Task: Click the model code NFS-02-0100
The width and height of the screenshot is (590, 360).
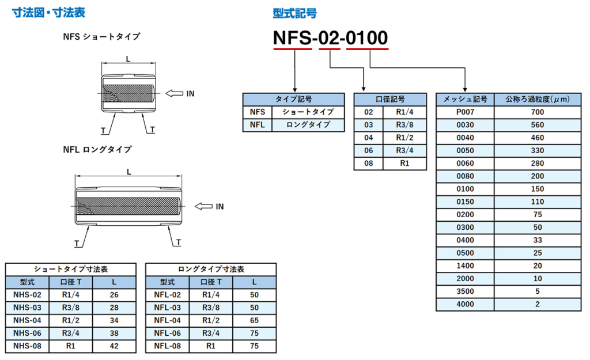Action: pyautogui.click(x=330, y=37)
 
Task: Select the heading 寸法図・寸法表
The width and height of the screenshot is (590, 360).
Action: pyautogui.click(x=48, y=13)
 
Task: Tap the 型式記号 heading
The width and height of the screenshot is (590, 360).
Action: pyautogui.click(x=294, y=13)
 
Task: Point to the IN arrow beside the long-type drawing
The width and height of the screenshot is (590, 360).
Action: pyautogui.click(x=203, y=206)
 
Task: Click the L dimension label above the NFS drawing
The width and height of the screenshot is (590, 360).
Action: pyautogui.click(x=128, y=59)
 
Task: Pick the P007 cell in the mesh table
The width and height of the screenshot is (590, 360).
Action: pyautogui.click(x=465, y=112)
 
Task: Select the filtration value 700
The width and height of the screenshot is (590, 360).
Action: pyautogui.click(x=538, y=112)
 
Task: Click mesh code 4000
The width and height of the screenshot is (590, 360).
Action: pyautogui.click(x=465, y=304)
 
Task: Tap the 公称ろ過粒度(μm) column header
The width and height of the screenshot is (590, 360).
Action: pyautogui.click(x=538, y=99)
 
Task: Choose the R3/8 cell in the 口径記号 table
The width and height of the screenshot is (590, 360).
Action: pyautogui.click(x=404, y=125)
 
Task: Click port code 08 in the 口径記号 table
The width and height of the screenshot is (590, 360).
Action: pyautogui.click(x=368, y=164)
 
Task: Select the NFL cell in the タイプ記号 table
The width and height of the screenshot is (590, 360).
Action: pyautogui.click(x=258, y=124)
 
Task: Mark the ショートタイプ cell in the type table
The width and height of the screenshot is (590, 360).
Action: pyautogui.click(x=308, y=112)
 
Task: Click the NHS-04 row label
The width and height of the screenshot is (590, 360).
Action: pyautogui.click(x=27, y=320)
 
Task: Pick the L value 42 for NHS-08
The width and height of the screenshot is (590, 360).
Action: pyautogui.click(x=114, y=346)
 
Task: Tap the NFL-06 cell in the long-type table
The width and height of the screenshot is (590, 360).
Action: pyautogui.click(x=168, y=334)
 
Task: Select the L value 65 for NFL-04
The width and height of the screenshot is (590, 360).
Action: pyautogui.click(x=254, y=320)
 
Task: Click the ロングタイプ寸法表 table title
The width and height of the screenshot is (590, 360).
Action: pyautogui.click(x=211, y=270)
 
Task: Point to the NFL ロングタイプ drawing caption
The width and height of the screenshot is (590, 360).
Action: pyautogui.click(x=97, y=149)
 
